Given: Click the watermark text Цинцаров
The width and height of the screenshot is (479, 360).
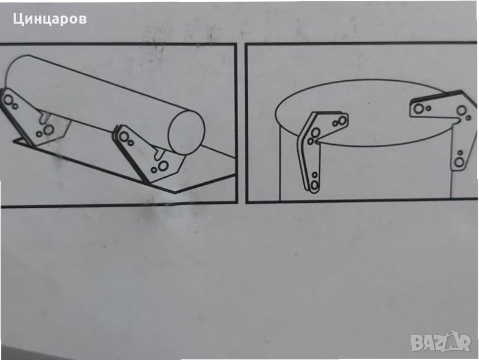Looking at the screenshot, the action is [x=50, y=19].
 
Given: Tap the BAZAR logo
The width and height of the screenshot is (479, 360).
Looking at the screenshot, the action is [x=440, y=342].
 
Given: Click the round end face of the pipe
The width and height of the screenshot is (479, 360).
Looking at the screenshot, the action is [x=186, y=132].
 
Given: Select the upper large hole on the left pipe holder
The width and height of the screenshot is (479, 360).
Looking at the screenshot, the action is [x=8, y=99].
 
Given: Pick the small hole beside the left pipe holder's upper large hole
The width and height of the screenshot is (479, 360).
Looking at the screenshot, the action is [x=15, y=106].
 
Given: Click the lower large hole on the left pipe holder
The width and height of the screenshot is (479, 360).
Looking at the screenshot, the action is [x=48, y=130].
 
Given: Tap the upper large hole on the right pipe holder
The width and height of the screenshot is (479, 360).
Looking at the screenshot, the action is [x=124, y=136].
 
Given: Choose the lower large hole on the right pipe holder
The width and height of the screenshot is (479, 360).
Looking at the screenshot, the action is [x=163, y=166].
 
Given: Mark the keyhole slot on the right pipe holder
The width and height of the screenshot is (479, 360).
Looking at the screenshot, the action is [x=159, y=153].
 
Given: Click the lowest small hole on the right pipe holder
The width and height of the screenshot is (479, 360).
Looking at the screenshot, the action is [x=154, y=170].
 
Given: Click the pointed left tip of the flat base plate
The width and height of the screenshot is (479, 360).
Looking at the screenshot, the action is [x=14, y=141].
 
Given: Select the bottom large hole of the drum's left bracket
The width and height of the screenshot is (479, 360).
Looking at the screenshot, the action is [x=314, y=185].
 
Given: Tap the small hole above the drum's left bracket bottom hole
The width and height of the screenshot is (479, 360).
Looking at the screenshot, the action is [x=314, y=175].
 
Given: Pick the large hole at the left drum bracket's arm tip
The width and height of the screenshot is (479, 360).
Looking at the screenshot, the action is [x=342, y=121].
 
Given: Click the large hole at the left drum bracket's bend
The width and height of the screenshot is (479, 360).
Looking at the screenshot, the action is [x=316, y=132].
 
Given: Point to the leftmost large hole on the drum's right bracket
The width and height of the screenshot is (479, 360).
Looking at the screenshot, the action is [x=419, y=108].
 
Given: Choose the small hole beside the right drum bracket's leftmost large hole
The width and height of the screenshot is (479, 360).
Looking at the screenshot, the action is [x=428, y=108].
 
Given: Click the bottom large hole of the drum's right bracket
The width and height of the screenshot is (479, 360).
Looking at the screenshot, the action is [x=459, y=162].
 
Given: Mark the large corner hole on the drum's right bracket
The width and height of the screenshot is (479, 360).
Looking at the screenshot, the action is [x=461, y=110].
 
